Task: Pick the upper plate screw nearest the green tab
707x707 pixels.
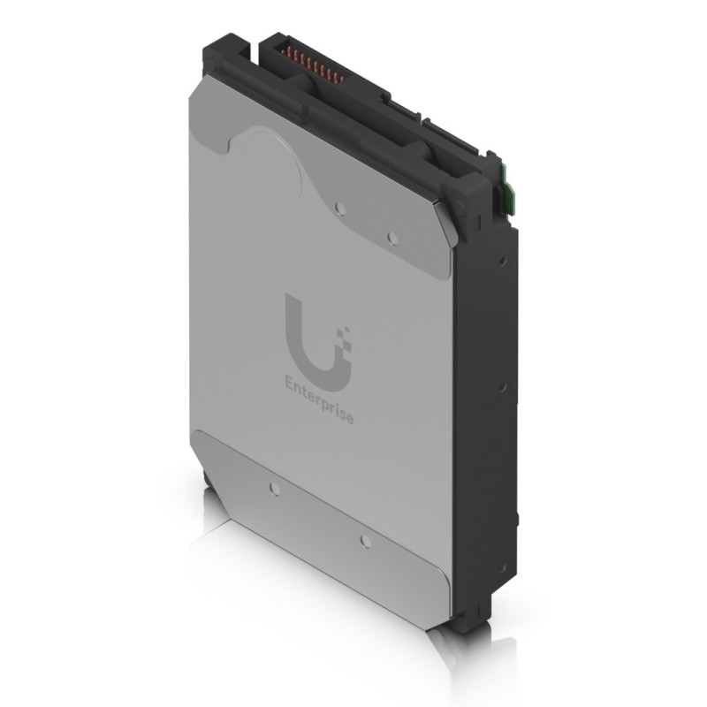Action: pos(392,238)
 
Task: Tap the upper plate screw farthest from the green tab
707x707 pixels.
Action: pos(339,209)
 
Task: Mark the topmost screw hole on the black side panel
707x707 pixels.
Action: pos(501,262)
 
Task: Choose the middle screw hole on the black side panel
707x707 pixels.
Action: pos(501,386)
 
